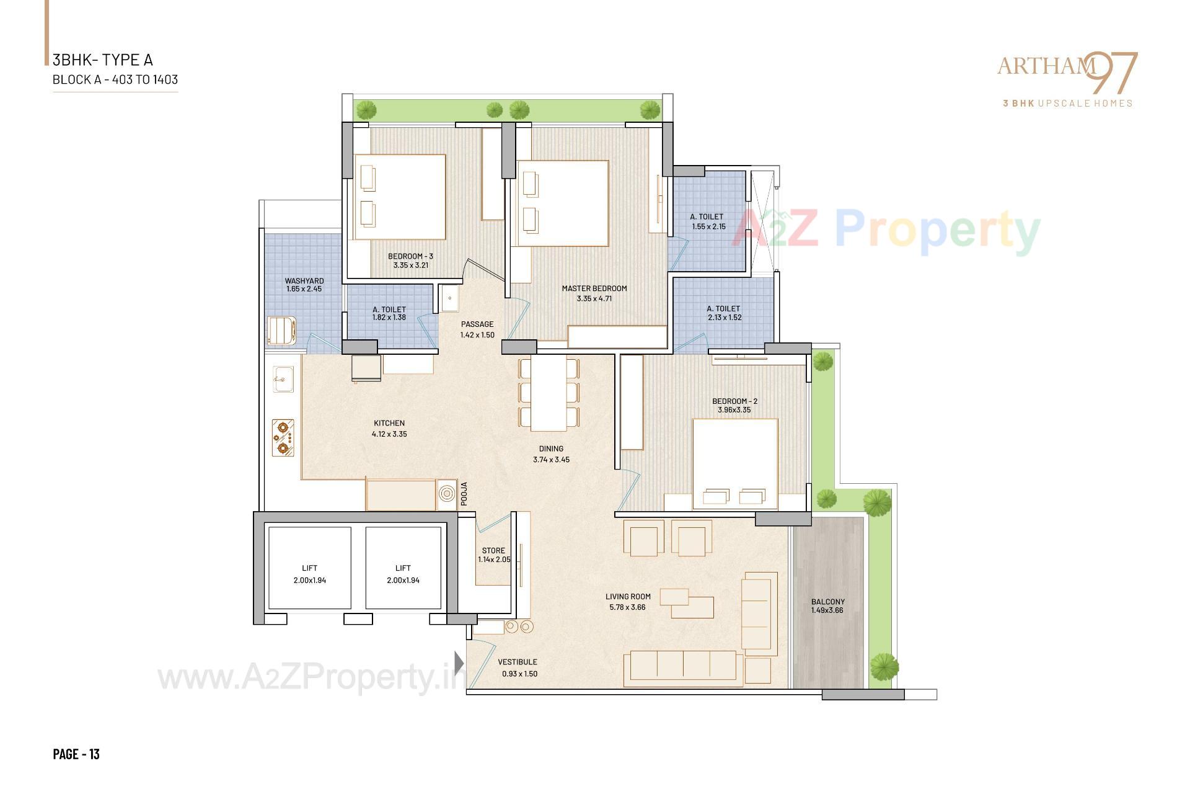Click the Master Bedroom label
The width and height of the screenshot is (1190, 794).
tap(594, 288)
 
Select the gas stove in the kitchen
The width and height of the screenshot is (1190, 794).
tap(283, 437)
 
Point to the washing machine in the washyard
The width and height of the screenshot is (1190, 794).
tap(281, 330)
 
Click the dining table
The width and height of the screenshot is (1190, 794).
tap(549, 393)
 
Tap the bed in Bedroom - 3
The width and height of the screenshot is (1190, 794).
tap(400, 197)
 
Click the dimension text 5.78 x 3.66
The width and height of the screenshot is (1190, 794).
tap(628, 607)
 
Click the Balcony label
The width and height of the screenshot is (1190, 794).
tap(827, 602)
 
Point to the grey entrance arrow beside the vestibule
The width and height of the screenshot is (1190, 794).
tap(459, 663)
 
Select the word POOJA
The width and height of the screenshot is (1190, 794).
tap(464, 494)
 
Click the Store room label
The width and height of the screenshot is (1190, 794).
tap(493, 550)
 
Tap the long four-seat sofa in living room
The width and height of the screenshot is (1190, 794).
tap(683, 668)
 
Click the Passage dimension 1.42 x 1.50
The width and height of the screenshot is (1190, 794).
tap(477, 335)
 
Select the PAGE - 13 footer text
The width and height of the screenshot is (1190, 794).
tap(76, 754)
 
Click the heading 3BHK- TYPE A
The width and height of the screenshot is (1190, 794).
tap(103, 60)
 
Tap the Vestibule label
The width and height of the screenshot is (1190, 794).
tap(518, 662)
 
